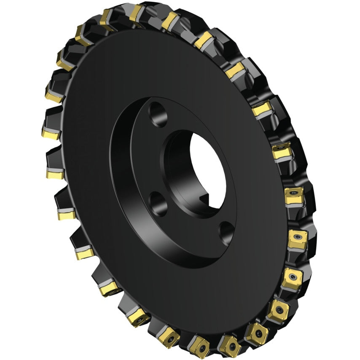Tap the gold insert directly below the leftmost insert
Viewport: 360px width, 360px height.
(55, 173)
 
